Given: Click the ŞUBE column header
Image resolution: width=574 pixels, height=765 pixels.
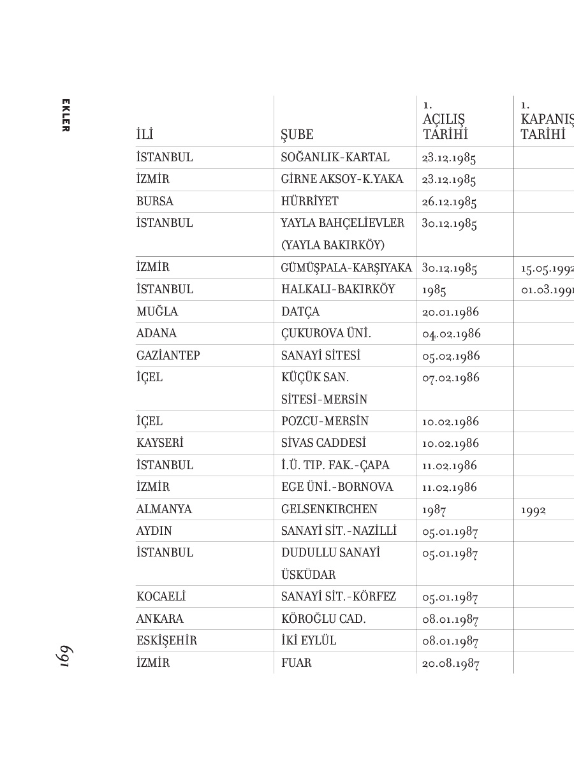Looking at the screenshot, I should pyautogui.click(x=297, y=135).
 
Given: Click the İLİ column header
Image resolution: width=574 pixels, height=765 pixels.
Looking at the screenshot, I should pyautogui.click(x=145, y=135).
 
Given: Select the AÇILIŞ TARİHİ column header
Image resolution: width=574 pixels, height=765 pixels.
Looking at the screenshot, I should pyautogui.click(x=445, y=127).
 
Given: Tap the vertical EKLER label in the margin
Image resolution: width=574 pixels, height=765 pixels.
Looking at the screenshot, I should pyautogui.click(x=65, y=115).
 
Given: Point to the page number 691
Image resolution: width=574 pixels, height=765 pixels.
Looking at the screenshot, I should pyautogui.click(x=65, y=657).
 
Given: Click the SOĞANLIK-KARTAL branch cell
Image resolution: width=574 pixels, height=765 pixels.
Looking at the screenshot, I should pyautogui.click(x=335, y=157).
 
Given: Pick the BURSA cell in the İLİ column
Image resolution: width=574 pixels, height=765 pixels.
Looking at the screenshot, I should pyautogui.click(x=154, y=201).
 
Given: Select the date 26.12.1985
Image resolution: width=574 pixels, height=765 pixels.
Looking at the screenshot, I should pyautogui.click(x=449, y=202).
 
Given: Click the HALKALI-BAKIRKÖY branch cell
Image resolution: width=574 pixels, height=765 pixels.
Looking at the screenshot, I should pyautogui.click(x=338, y=289).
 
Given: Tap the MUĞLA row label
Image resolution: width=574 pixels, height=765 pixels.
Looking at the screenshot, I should pyautogui.click(x=157, y=312).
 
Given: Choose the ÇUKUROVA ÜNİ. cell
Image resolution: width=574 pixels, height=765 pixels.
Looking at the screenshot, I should pyautogui.click(x=326, y=333).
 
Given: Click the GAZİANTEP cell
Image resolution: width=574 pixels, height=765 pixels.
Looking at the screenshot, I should pyautogui.click(x=168, y=356).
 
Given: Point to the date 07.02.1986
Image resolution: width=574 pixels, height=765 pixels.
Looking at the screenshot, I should pyautogui.click(x=450, y=378).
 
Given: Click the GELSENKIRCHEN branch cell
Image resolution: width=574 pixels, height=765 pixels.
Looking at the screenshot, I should pyautogui.click(x=329, y=509).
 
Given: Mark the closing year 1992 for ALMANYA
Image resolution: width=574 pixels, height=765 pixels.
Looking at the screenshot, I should pyautogui.click(x=533, y=510).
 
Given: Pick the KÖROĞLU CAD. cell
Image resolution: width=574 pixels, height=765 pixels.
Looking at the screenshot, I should pyautogui.click(x=323, y=619).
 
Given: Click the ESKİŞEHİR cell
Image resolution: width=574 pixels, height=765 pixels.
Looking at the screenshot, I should pyautogui.click(x=166, y=641).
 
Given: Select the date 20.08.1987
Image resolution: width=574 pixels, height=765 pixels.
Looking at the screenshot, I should pyautogui.click(x=450, y=664).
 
